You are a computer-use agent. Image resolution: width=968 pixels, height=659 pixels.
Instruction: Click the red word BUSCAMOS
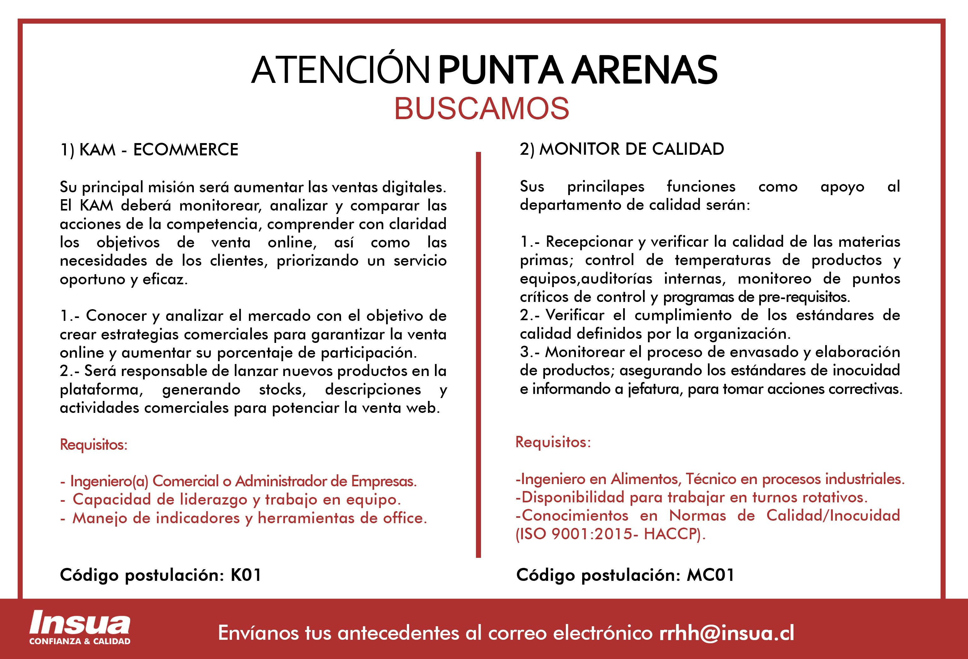coord(482,108)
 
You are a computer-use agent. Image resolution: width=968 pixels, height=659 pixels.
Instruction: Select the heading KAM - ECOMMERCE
coord(158,150)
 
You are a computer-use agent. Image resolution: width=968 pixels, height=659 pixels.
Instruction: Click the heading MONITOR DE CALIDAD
coord(631,149)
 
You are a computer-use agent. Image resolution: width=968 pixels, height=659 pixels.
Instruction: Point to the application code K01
coord(246,575)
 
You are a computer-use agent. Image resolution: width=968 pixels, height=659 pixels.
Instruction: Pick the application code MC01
coord(710,575)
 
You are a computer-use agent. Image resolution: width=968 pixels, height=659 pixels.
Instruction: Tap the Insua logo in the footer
coord(79,624)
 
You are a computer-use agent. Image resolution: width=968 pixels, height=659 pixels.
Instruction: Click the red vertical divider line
coord(478,354)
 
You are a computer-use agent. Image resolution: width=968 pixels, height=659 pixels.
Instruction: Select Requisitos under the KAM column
coord(93,444)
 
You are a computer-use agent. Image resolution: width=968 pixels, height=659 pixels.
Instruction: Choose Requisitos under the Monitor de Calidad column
coord(553,442)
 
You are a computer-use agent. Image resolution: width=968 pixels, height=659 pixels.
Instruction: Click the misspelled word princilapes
coord(606,186)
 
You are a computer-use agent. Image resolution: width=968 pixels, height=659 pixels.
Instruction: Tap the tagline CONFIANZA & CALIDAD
coord(79,641)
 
